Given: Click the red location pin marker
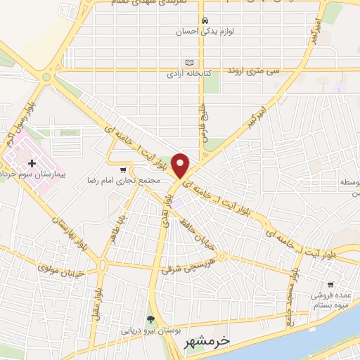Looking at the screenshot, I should [x=181, y=165].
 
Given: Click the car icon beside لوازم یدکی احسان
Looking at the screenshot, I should [x=204, y=20].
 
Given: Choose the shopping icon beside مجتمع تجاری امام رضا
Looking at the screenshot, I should [x=124, y=169].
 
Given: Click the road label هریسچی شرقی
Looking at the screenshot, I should [x=190, y=264].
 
